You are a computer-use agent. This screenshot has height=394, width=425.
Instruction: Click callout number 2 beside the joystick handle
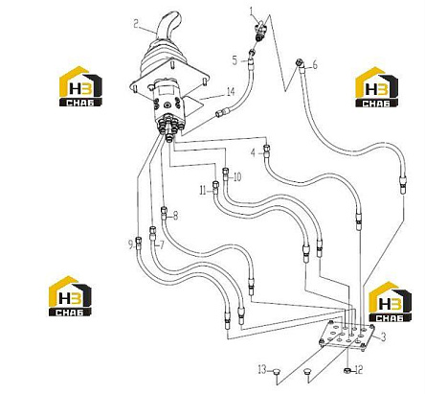pyautogui.click(x=136, y=24)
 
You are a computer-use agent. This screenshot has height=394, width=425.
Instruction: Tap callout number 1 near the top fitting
pyautogui.click(x=252, y=12)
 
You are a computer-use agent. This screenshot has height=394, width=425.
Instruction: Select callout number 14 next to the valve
pyautogui.click(x=231, y=92)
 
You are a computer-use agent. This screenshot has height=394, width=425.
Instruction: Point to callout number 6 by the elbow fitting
pyautogui.click(x=315, y=65)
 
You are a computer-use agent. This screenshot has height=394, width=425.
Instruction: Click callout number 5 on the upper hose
pyautogui.click(x=235, y=60)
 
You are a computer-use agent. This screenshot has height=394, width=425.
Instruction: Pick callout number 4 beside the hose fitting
pyautogui.click(x=253, y=153)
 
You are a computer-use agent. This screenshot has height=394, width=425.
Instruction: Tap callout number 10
pyautogui.click(x=237, y=176)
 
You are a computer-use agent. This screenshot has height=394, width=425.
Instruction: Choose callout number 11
pyautogui.click(x=203, y=191)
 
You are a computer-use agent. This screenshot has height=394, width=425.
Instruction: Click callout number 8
pyautogui.click(x=175, y=216)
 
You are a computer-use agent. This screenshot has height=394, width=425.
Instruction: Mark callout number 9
pyautogui.click(x=130, y=244)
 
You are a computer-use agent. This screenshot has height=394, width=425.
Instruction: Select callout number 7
pyautogui.click(x=162, y=245)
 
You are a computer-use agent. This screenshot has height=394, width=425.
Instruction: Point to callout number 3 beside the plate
pyautogui.click(x=383, y=336)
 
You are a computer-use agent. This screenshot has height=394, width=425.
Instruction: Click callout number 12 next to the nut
pyautogui.click(x=359, y=370)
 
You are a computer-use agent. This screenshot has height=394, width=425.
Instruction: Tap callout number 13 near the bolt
pyautogui.click(x=262, y=370)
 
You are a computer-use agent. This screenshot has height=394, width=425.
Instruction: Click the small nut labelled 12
pyautogui.click(x=347, y=370)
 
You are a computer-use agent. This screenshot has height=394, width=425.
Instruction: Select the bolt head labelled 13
pyautogui.click(x=276, y=371)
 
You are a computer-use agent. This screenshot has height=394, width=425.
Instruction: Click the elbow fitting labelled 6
pyautogui.click(x=300, y=62)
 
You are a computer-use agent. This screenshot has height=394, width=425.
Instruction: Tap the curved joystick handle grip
pyautogui.click(x=168, y=26)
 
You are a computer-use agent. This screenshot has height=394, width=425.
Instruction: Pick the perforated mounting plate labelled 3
pyautogui.click(x=347, y=336)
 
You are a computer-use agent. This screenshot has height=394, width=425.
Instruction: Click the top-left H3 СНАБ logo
pyautogui.click(x=80, y=86)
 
